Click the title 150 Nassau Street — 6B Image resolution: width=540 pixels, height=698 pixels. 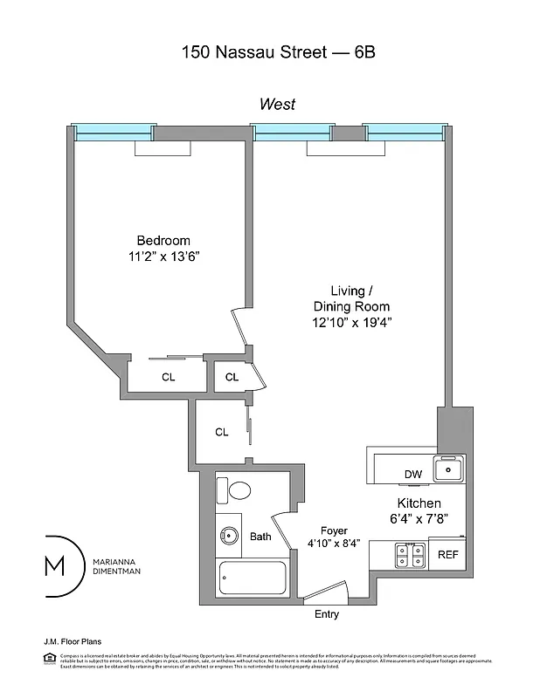click(278, 52)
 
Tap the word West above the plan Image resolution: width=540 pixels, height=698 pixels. click(277, 105)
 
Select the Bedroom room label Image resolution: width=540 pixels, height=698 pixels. click(163, 241)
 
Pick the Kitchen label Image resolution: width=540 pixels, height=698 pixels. click(419, 503)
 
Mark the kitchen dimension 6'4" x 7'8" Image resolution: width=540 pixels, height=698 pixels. click(419, 520)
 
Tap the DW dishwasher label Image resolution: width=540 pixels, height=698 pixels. click(412, 475)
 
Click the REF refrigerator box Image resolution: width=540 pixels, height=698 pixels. click(447, 554)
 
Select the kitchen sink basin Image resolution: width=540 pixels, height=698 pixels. click(449, 470)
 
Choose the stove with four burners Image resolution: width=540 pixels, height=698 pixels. click(410, 553)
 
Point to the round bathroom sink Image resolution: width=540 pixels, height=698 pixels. click(229, 537)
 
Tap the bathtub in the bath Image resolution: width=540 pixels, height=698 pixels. click(252, 581)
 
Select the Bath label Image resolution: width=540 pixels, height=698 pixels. click(260, 537)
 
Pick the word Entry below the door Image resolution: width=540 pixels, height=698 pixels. click(326, 614)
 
